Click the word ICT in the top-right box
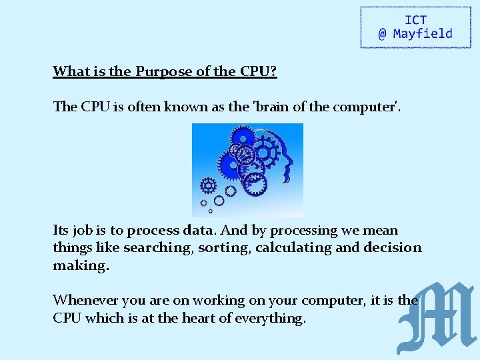[x=415, y=20]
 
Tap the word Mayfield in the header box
[x=423, y=34]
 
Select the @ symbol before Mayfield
[x=383, y=34]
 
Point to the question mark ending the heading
[x=273, y=71]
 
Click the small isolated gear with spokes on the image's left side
[x=208, y=185]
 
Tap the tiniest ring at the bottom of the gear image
[x=211, y=211]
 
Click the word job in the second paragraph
[x=83, y=231]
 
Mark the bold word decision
[x=393, y=248]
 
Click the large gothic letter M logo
[x=436, y=318]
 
